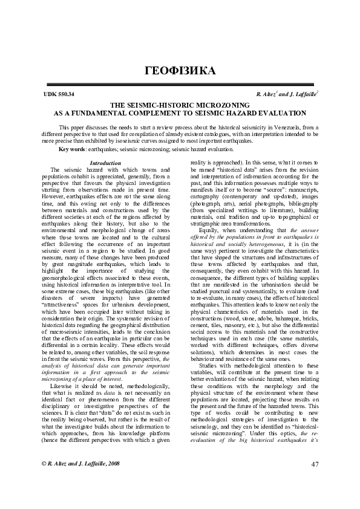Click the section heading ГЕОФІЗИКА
click(x=180, y=71)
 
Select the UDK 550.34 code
click(x=59, y=95)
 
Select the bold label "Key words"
click(x=71, y=149)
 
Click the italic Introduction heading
click(x=105, y=163)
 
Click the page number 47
click(x=313, y=481)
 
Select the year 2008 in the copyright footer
click(x=110, y=479)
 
